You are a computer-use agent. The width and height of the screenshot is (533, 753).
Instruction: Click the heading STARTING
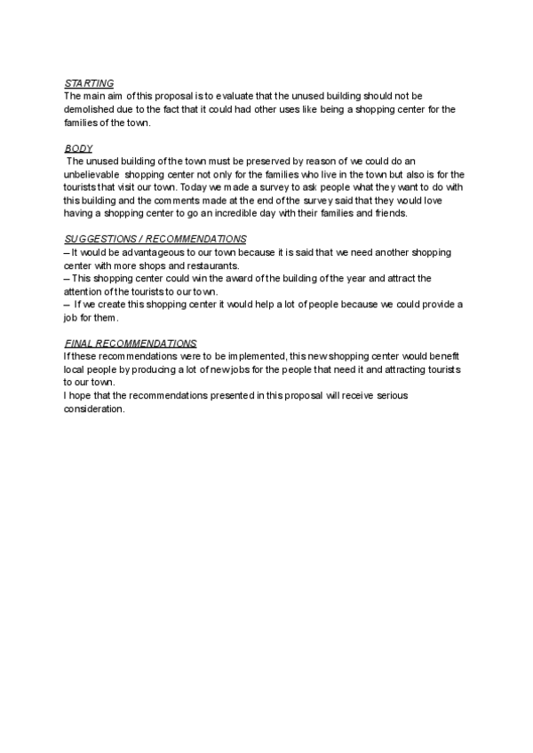89,83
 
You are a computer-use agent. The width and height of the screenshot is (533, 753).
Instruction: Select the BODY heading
79,147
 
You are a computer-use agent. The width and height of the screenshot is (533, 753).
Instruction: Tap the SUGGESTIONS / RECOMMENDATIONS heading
155,240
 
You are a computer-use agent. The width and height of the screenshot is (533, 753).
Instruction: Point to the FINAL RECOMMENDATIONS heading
131,343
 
